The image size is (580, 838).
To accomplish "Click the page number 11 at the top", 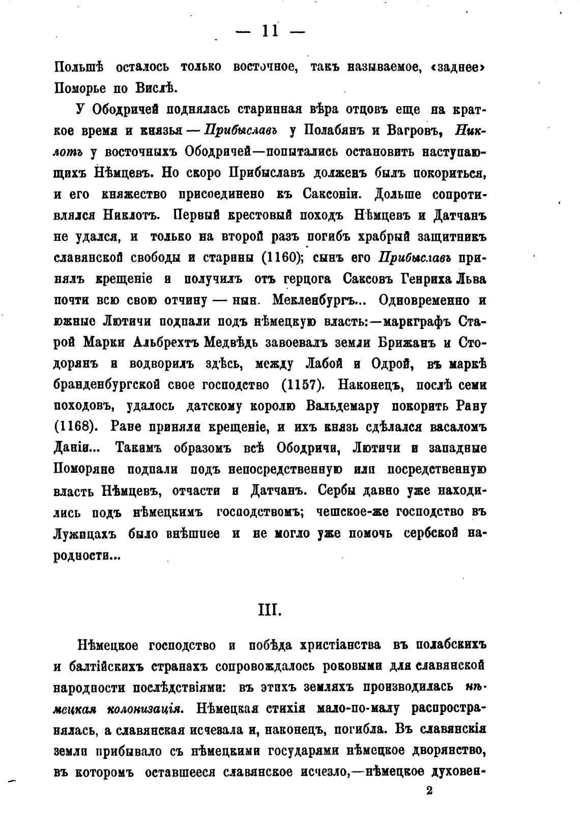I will (x=270, y=32).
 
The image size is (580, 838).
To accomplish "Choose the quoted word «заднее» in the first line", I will (x=457, y=67).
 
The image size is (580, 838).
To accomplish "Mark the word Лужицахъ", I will (x=85, y=534).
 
